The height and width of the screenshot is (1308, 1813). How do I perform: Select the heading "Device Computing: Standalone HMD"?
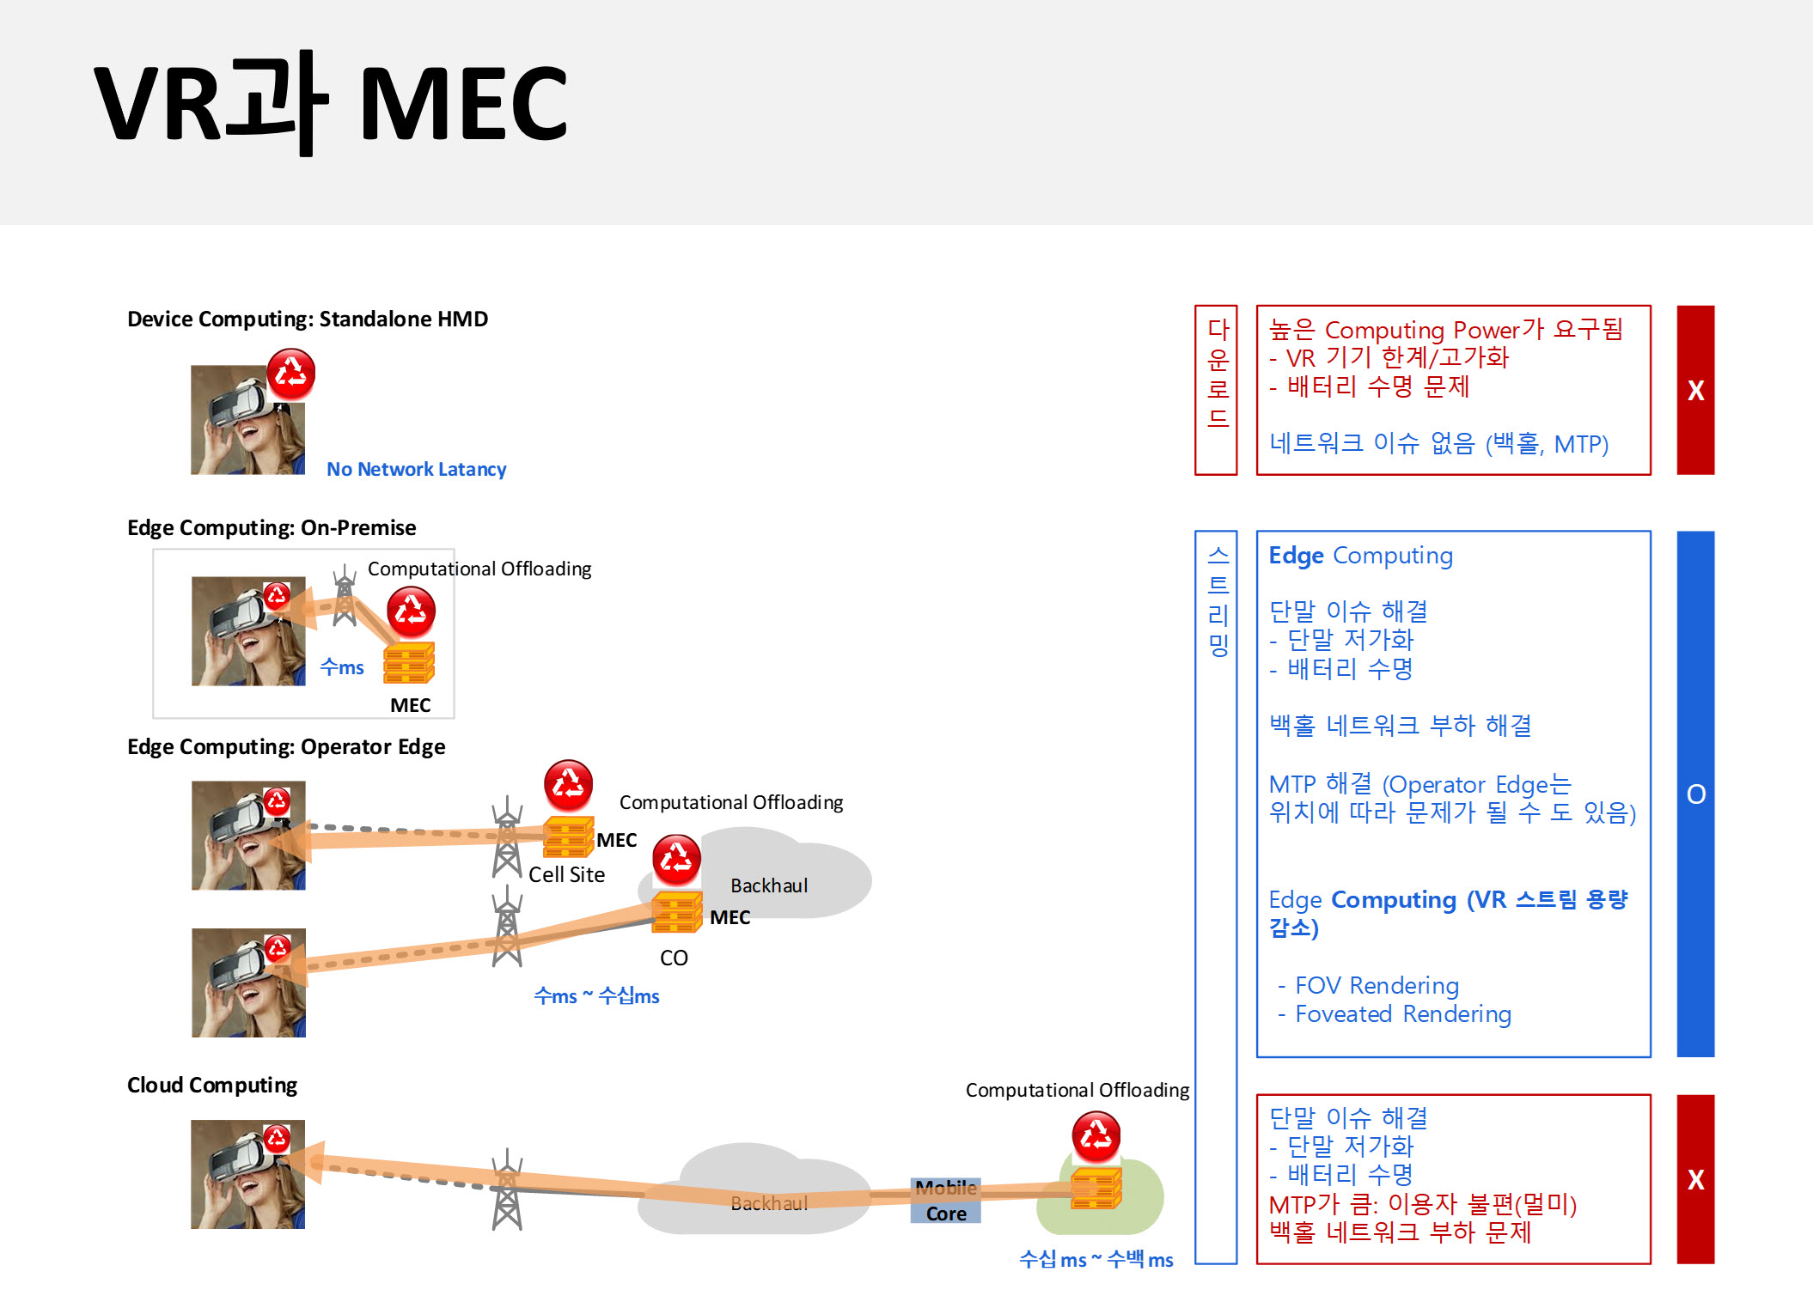308,319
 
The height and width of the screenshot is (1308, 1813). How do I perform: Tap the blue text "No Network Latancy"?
417,469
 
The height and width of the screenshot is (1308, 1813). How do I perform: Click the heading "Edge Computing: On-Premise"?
272,527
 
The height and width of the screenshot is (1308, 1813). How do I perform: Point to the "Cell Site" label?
567,874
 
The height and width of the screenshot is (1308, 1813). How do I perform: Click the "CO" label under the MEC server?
674,958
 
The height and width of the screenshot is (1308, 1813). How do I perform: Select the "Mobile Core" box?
946,1200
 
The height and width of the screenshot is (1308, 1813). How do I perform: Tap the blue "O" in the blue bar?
1696,794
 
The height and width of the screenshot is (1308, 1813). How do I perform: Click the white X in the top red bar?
1696,391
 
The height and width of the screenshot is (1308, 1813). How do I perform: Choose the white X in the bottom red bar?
1696,1179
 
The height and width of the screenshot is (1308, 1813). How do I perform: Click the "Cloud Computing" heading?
212,1086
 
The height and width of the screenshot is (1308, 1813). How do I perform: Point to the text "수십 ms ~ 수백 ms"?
1096,1260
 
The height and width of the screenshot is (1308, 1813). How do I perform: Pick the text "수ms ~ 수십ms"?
596,996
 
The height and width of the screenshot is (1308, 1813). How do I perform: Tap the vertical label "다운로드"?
1218,373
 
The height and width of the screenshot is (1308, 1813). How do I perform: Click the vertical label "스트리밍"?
1218,600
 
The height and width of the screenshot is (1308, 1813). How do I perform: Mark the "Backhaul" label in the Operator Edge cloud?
769,885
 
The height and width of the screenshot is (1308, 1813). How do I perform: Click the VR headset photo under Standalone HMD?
247,419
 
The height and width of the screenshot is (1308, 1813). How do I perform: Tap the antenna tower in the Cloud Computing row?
507,1189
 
